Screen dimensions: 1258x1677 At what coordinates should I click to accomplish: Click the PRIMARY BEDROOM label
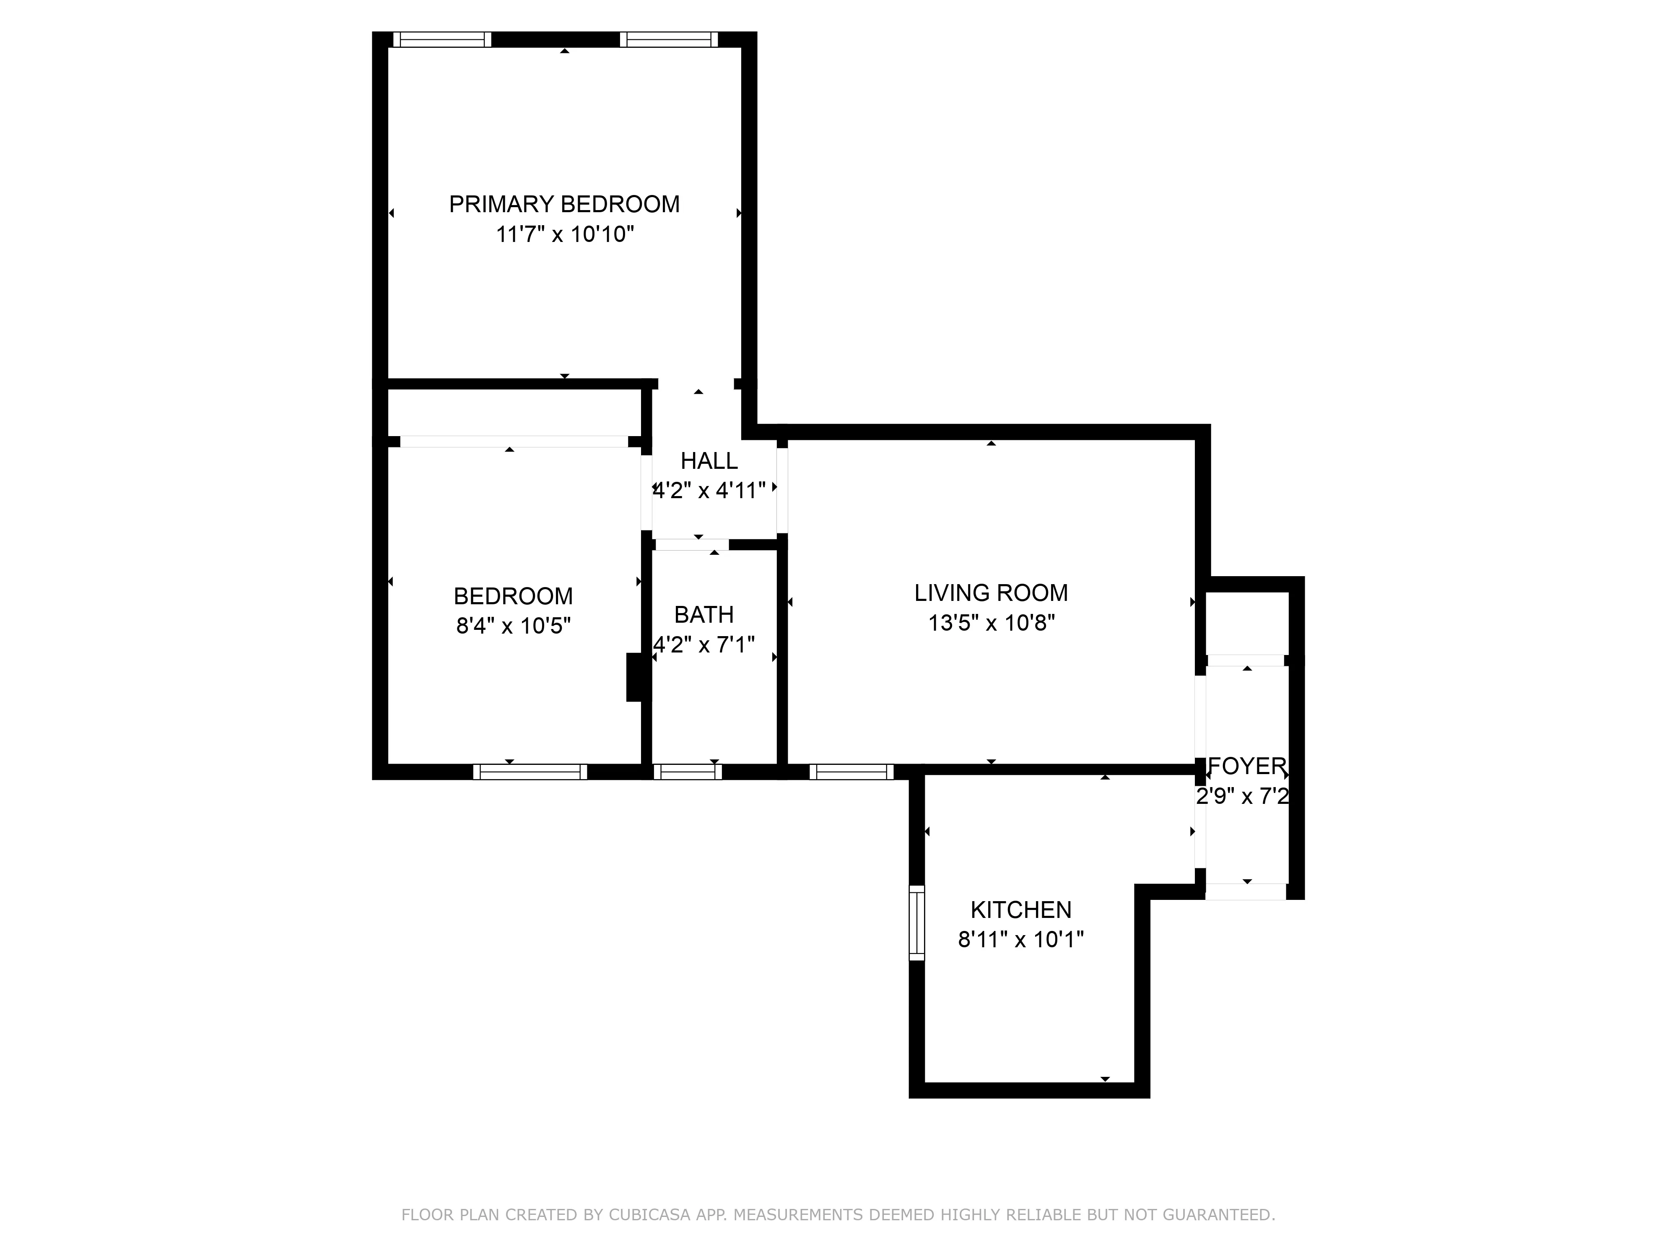pyautogui.click(x=564, y=204)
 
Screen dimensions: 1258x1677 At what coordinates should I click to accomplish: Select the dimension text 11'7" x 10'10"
pyautogui.click(x=564, y=234)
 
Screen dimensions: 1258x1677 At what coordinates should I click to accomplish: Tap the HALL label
pyautogui.click(x=709, y=461)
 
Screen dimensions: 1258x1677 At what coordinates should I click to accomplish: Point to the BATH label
pyautogui.click(x=704, y=614)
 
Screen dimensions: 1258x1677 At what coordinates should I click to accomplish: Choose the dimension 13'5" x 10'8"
pyautogui.click(x=991, y=623)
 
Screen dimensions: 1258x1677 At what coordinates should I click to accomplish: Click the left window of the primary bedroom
pyautogui.click(x=442, y=39)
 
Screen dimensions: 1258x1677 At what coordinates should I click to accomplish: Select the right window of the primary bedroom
pyautogui.click(x=669, y=39)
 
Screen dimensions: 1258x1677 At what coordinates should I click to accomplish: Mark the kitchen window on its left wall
pyautogui.click(x=916, y=923)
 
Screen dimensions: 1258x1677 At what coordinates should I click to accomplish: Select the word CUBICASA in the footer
pyautogui.click(x=649, y=1237)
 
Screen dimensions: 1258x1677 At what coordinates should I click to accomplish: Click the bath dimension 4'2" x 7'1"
pyautogui.click(x=704, y=645)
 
